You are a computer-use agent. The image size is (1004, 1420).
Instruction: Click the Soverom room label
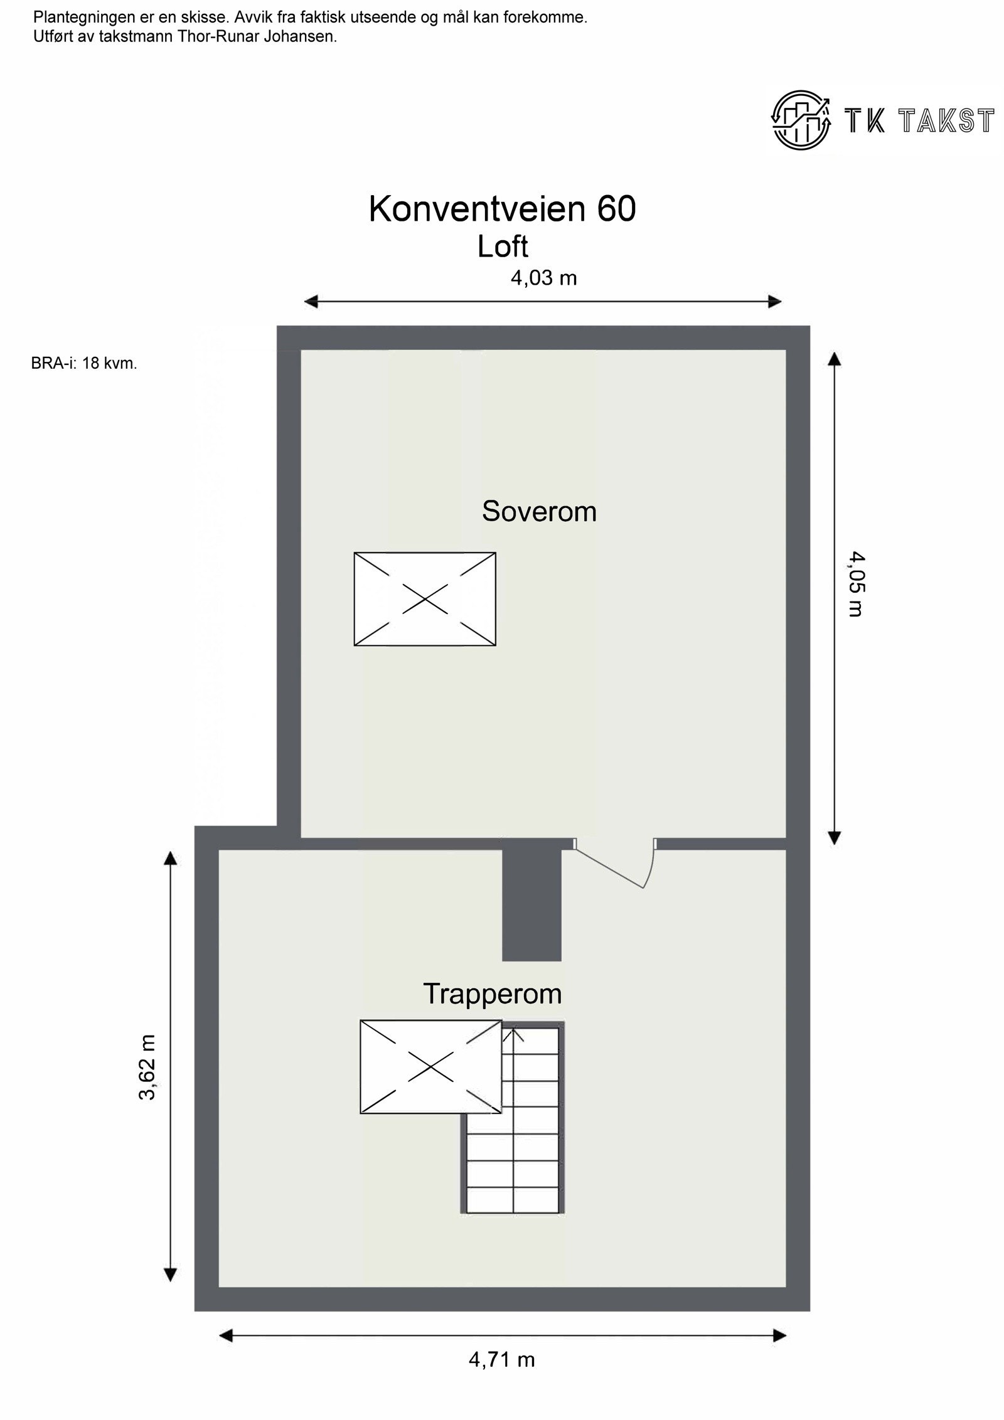pyautogui.click(x=539, y=512)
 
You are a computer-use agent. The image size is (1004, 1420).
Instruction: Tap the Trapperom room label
pyautogui.click(x=492, y=994)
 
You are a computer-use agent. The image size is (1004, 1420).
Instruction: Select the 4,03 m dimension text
pyautogui.click(x=543, y=278)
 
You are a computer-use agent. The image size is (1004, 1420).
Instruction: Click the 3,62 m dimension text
pyautogui.click(x=147, y=1068)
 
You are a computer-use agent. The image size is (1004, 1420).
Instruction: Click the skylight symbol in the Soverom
pyautogui.click(x=425, y=599)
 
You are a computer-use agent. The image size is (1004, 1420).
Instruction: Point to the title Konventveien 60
pyautogui.click(x=502, y=209)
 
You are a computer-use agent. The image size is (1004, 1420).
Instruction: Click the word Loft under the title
pyautogui.click(x=503, y=246)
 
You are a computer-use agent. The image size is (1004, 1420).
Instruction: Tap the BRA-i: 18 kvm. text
pyautogui.click(x=84, y=363)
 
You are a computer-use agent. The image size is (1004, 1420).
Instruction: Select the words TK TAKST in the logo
pyautogui.click(x=919, y=121)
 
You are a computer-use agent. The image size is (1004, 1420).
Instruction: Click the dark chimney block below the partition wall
pyautogui.click(x=531, y=904)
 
